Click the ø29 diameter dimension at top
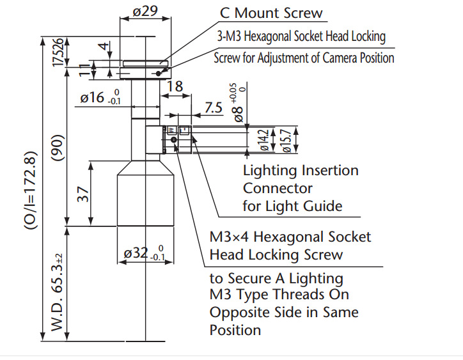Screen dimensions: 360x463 (144, 11)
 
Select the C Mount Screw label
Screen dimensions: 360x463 (271, 13)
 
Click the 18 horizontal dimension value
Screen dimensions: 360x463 (175, 87)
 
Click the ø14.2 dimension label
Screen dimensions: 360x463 (263, 139)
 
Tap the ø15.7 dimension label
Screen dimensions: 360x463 (287, 139)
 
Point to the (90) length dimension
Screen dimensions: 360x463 (58, 148)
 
